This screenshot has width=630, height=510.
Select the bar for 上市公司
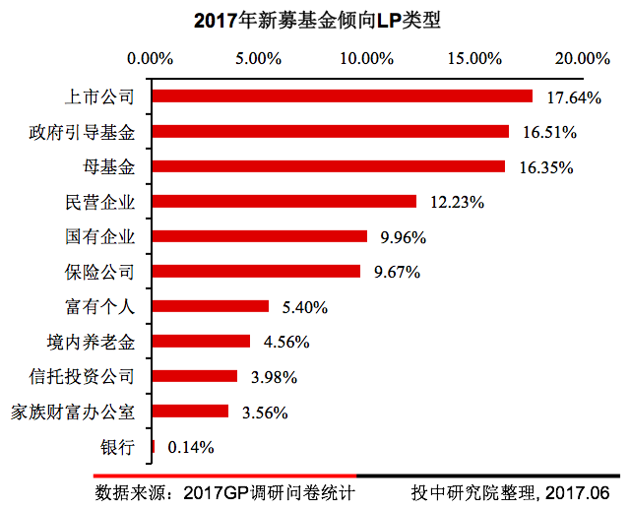342,96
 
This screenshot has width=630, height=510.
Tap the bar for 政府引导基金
330,131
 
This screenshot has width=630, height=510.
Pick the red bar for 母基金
328,166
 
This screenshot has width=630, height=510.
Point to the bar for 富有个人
210,306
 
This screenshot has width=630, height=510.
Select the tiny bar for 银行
153,446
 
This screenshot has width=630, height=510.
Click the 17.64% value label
574,97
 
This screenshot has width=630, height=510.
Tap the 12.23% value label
457,202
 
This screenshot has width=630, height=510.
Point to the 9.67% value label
397,272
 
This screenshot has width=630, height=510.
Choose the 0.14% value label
191,447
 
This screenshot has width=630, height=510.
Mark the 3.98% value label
273,377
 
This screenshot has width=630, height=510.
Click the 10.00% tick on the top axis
366,58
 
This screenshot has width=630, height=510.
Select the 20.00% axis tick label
582,58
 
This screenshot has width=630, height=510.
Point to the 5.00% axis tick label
259,58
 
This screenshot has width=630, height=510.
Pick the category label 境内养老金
90,342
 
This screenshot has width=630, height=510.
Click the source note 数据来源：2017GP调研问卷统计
224,492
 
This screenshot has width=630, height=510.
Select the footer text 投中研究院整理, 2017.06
511,492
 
